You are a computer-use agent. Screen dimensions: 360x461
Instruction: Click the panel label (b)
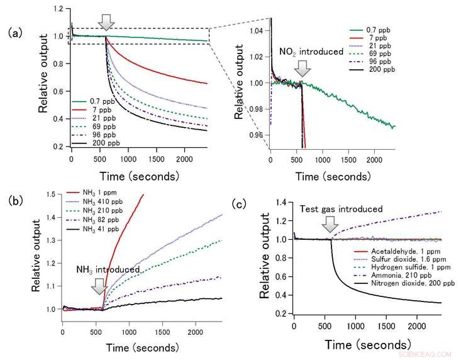point(14,201)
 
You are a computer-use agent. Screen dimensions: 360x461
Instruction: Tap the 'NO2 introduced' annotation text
point(312,52)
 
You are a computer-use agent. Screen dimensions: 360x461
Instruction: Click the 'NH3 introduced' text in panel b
point(108,269)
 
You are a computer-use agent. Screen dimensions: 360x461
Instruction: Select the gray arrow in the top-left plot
point(107,22)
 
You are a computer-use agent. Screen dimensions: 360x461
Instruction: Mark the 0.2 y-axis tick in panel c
point(284,313)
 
